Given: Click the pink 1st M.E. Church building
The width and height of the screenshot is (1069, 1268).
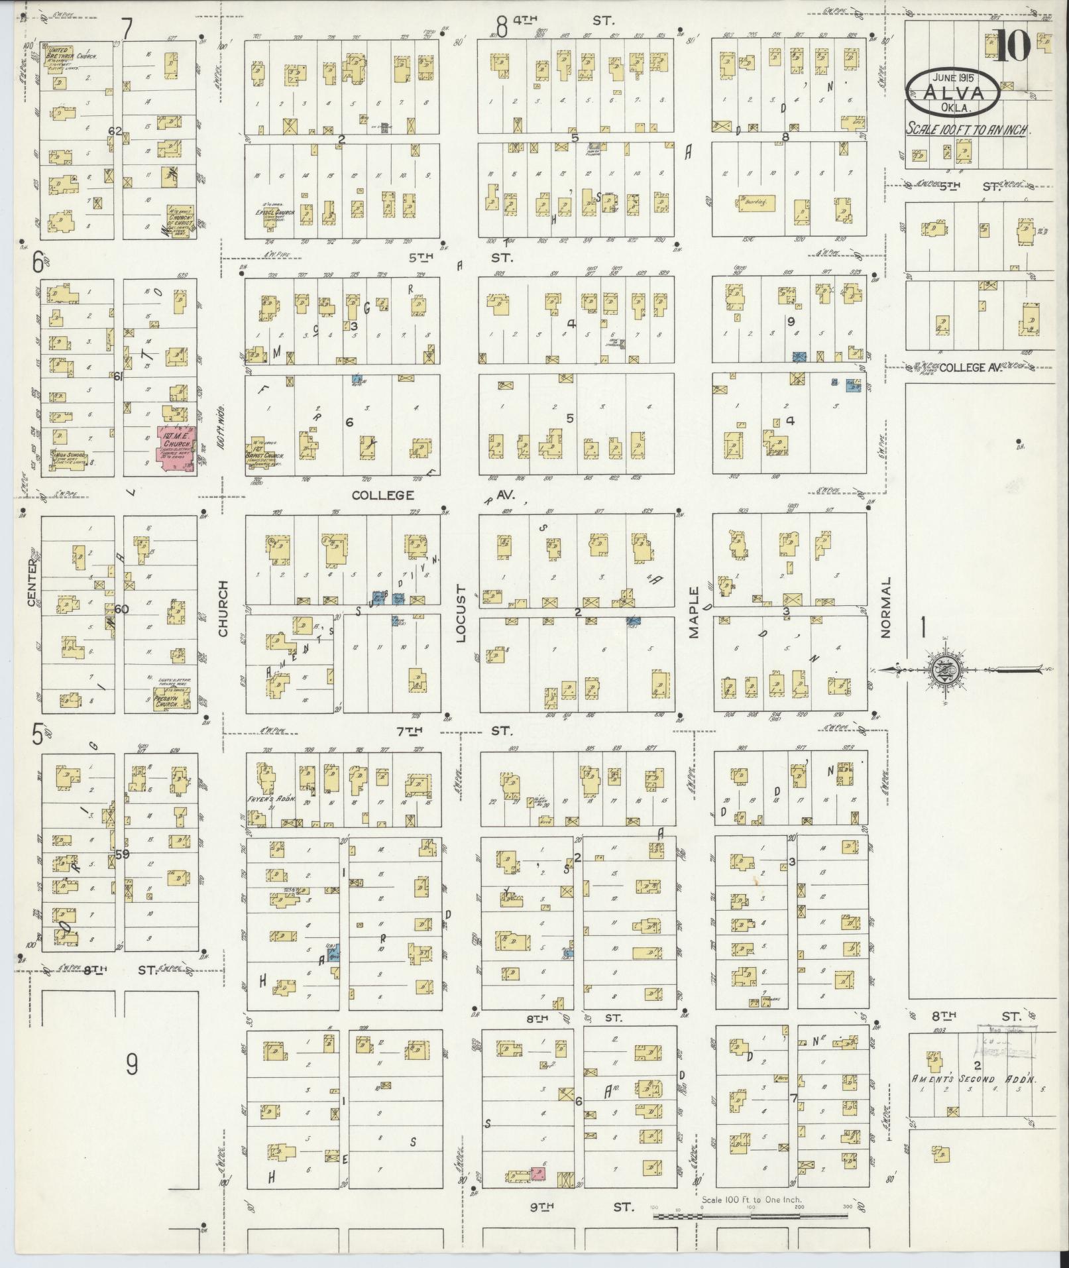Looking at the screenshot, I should point(176,449).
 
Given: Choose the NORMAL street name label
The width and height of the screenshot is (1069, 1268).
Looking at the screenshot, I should point(886,606).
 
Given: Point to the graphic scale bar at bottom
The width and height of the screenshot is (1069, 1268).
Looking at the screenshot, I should point(752,1216).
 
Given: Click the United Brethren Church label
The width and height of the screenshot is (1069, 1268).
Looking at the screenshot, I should point(69,54).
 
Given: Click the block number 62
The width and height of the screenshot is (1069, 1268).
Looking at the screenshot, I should point(115,131).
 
